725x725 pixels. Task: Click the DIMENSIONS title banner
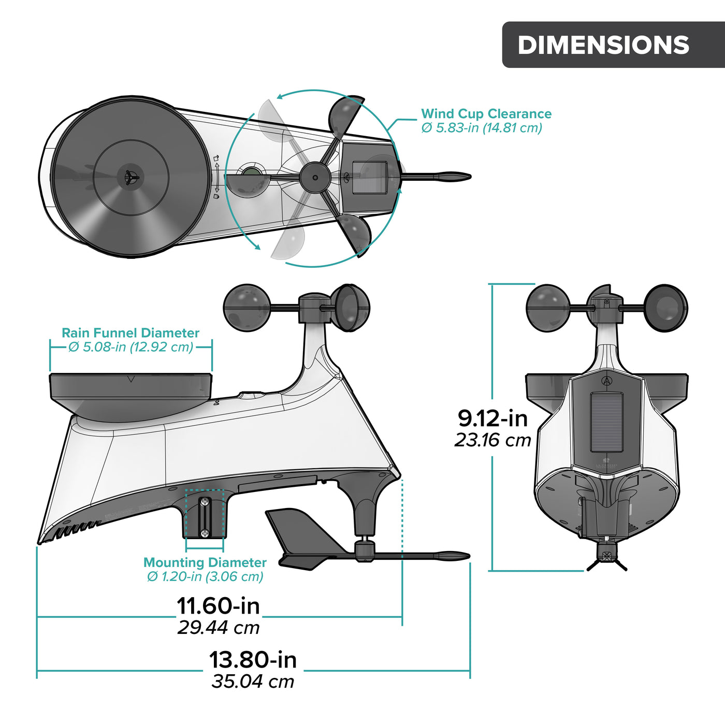click(x=603, y=45)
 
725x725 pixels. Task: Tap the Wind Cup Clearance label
click(x=486, y=114)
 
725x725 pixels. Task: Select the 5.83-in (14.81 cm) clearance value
click(x=482, y=128)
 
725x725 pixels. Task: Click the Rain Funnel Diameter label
click(x=130, y=333)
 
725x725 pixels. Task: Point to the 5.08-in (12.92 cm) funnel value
click(x=132, y=347)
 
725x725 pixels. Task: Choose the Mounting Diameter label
click(x=205, y=562)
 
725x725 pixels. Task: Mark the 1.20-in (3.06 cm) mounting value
click(x=206, y=576)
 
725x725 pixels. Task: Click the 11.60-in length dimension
click(x=218, y=606)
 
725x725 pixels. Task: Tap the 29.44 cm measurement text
click(x=218, y=628)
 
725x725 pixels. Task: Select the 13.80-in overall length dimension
click(x=253, y=660)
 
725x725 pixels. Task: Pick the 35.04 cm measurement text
click(x=253, y=682)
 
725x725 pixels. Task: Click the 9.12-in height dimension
click(x=492, y=418)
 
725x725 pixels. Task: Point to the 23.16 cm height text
click(x=493, y=440)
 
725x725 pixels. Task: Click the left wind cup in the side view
click(x=247, y=307)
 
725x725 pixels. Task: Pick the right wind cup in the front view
click(x=666, y=308)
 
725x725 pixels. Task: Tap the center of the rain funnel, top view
click(x=131, y=177)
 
